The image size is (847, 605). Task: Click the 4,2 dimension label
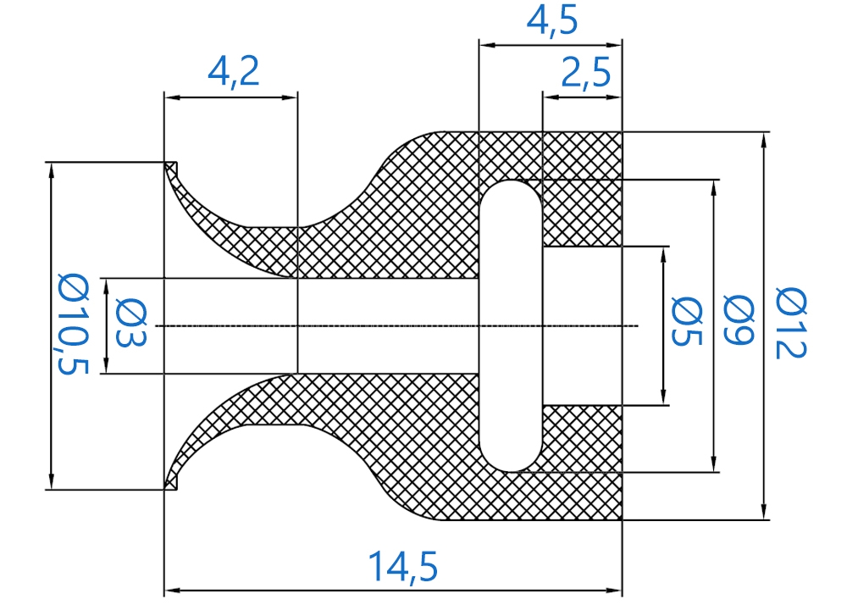pos(234,71)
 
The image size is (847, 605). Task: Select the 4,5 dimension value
pos(552,22)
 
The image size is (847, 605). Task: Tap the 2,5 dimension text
pos(586,72)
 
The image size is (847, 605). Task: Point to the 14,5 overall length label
pos(403,565)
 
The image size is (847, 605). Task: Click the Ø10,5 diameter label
pos(73,325)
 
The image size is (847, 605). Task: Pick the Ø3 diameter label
pos(131,324)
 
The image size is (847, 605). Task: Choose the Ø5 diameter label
pos(687,322)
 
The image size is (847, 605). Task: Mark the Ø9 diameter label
pos(739,319)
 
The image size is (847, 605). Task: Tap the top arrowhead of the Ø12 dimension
pos(763,140)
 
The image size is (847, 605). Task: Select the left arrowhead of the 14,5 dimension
pos(172,591)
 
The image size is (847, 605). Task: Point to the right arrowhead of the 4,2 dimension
pos(290,97)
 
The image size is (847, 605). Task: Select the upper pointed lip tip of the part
pos(165,163)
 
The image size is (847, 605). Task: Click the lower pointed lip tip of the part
pos(165,489)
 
